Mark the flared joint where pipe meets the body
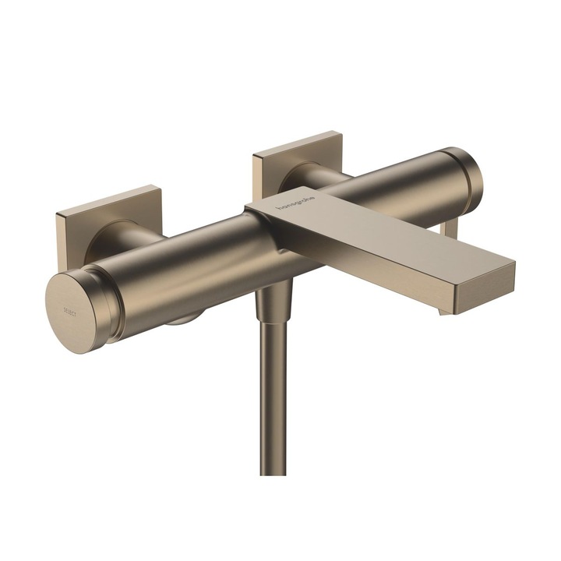pyautogui.click(x=273, y=301)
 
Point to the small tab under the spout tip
pyautogui.click(x=445, y=311)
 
